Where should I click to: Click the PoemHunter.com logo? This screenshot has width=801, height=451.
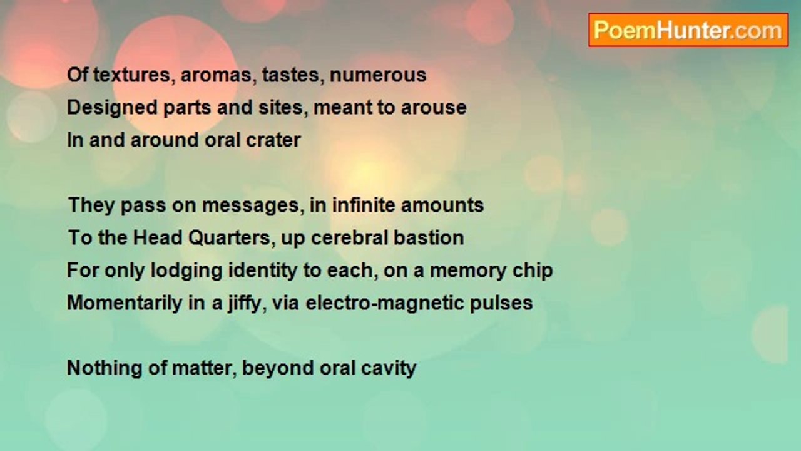688,30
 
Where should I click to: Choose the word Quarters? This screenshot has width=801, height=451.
229,238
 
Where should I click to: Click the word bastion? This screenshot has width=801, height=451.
429,238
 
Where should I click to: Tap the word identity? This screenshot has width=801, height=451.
263,271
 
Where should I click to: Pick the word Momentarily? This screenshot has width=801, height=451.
125,303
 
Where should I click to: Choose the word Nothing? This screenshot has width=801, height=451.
105,368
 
